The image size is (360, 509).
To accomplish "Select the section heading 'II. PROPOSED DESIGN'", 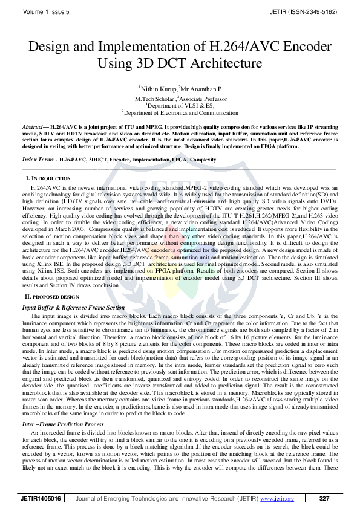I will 51,297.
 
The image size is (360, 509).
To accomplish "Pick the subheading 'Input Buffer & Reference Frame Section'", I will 73,307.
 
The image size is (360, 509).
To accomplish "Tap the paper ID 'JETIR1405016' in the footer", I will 40,499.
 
